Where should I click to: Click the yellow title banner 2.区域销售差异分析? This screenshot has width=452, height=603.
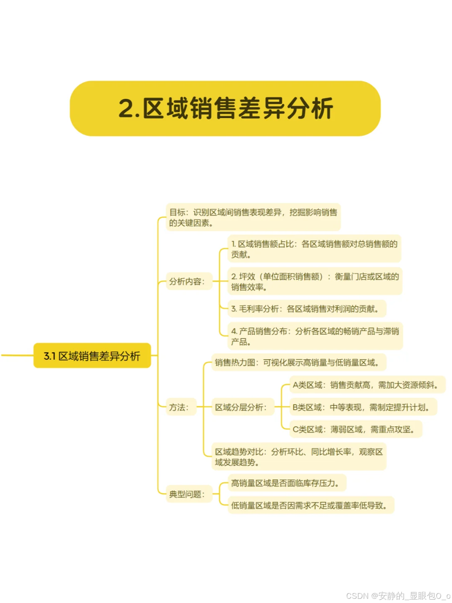pos(225,108)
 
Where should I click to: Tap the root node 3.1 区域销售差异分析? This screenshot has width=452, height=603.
pos(92,356)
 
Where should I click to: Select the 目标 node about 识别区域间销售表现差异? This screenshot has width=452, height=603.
pos(253,217)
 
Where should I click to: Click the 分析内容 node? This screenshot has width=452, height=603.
pos(187,281)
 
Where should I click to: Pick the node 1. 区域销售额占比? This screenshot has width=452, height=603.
pos(314,249)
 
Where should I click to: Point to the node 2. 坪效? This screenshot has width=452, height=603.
pos(315,281)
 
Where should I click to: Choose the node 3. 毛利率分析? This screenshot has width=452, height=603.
pos(306,309)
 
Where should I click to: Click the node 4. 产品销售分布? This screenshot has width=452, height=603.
pos(315,336)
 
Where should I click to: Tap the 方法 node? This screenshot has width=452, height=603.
pos(180,407)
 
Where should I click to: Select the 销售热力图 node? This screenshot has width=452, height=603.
pos(298,363)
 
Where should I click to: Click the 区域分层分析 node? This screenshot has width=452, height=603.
pos(241,407)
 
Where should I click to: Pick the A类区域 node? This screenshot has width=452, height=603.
pos(367,385)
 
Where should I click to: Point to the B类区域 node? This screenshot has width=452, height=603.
pos(362,407)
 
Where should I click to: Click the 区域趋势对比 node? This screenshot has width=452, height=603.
pos(298,457)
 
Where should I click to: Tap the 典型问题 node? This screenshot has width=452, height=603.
pos(187,494)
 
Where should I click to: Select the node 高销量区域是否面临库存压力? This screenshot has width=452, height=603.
pos(286,483)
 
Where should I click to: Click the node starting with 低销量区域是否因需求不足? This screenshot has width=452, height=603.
pos(310,505)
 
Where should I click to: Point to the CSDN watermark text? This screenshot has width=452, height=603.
pos(398,595)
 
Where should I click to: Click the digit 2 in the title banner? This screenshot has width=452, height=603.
pos(127,109)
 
